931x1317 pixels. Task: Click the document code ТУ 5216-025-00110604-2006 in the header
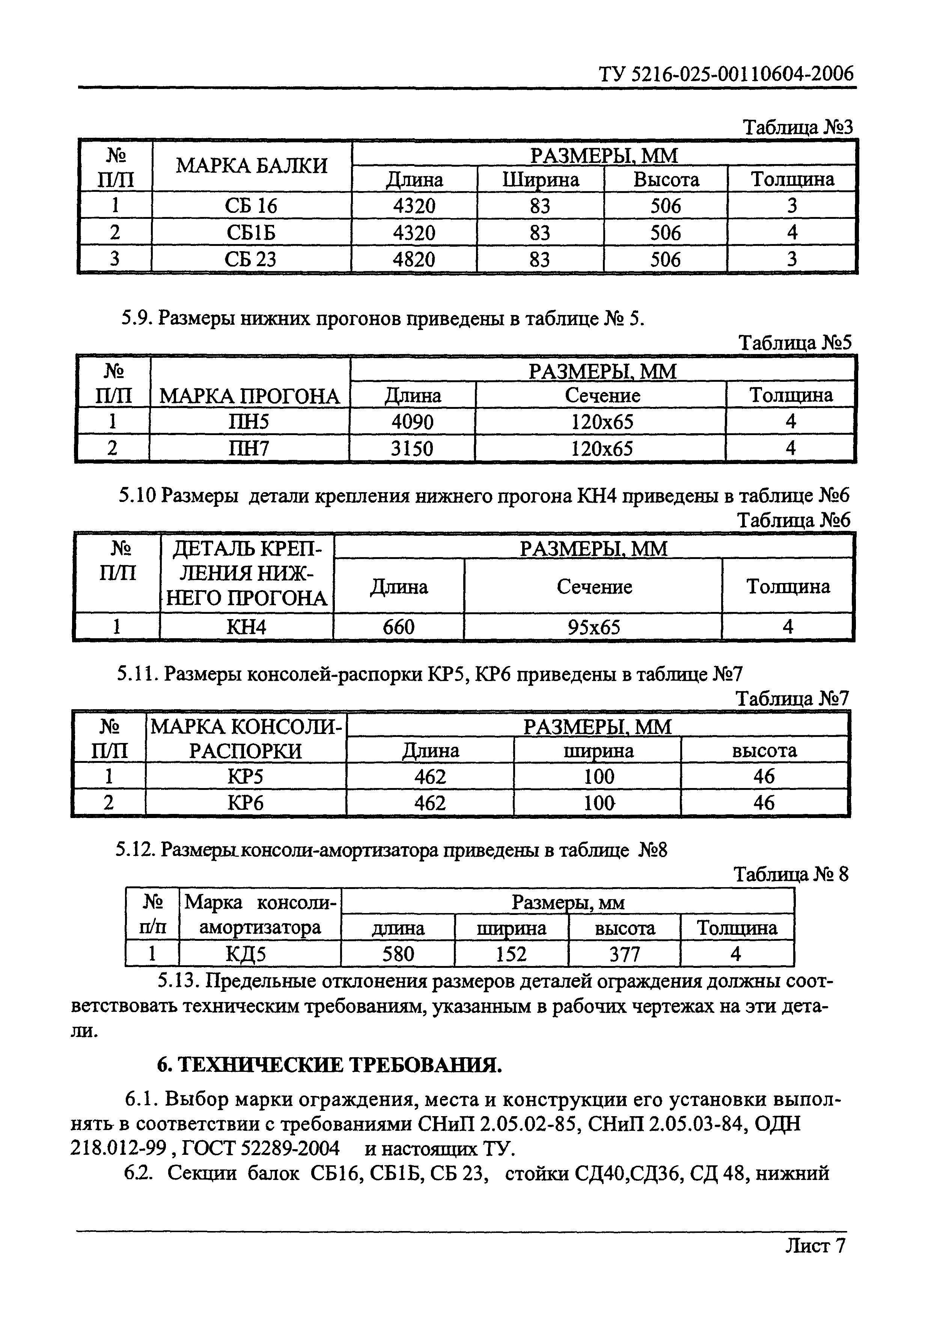coord(726,75)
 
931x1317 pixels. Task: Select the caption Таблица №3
coord(798,127)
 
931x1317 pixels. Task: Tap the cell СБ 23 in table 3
coord(251,260)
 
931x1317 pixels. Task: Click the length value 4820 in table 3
coord(414,260)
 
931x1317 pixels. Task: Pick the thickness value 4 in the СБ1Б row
coord(792,233)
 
